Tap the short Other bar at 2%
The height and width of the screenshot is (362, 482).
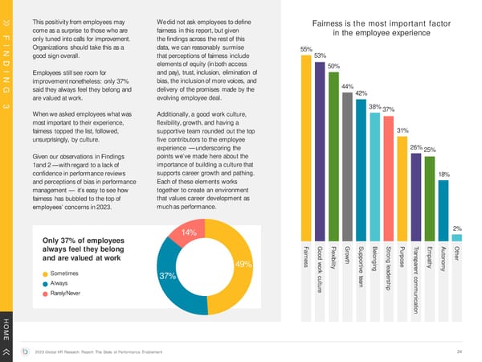[456, 237]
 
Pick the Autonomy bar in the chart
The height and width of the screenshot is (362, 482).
[443, 210]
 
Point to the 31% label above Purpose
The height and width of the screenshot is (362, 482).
[403, 130]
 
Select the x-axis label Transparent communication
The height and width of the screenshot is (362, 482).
[415, 278]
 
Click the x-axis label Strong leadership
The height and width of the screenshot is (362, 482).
[388, 269]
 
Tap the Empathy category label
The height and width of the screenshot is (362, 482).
[429, 257]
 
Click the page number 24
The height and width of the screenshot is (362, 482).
[459, 351]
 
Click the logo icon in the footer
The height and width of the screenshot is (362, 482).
[28, 351]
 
